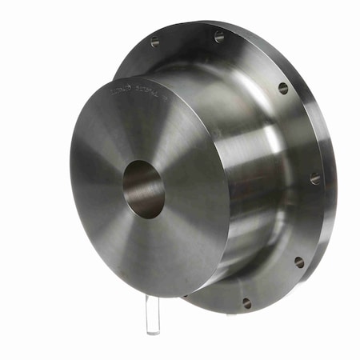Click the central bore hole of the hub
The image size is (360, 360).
(x=143, y=190)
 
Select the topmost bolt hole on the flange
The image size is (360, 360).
(x=218, y=36)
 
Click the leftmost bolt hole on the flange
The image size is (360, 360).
(x=154, y=42)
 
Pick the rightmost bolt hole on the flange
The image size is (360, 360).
(x=315, y=178)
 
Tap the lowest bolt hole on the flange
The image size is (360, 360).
(x=246, y=303)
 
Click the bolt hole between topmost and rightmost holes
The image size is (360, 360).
(x=283, y=88)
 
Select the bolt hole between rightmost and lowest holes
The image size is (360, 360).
(x=299, y=262)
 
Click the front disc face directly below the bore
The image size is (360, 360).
(x=144, y=248)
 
